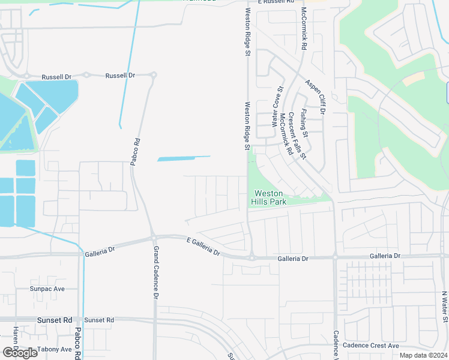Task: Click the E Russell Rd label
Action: (277, 2)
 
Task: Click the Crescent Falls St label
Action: (297, 135)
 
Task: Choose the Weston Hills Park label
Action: (270, 197)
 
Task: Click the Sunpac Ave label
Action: (47, 289)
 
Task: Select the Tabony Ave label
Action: (53, 349)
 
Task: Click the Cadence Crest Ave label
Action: (371, 346)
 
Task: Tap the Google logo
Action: (20, 352)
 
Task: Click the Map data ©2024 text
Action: (423, 355)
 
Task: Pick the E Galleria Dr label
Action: (203, 247)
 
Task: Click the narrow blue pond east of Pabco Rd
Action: (184, 158)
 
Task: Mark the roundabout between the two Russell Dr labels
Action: (86, 76)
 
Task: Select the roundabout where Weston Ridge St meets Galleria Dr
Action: (252, 258)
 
